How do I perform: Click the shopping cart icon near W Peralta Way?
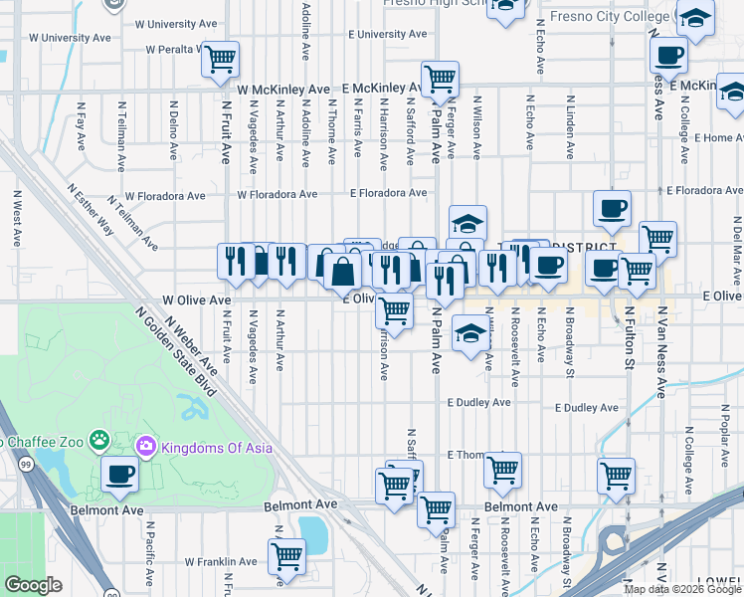(x=220, y=58)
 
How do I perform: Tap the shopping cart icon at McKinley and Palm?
(x=439, y=79)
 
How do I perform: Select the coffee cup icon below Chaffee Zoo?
(x=119, y=475)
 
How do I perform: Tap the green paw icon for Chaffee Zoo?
(x=98, y=439)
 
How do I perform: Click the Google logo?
(x=34, y=585)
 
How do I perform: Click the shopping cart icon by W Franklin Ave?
(x=286, y=554)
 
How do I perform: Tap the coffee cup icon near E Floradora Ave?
(x=611, y=209)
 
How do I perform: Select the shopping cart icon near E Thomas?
(x=503, y=468)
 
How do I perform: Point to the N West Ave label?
(x=17, y=219)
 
